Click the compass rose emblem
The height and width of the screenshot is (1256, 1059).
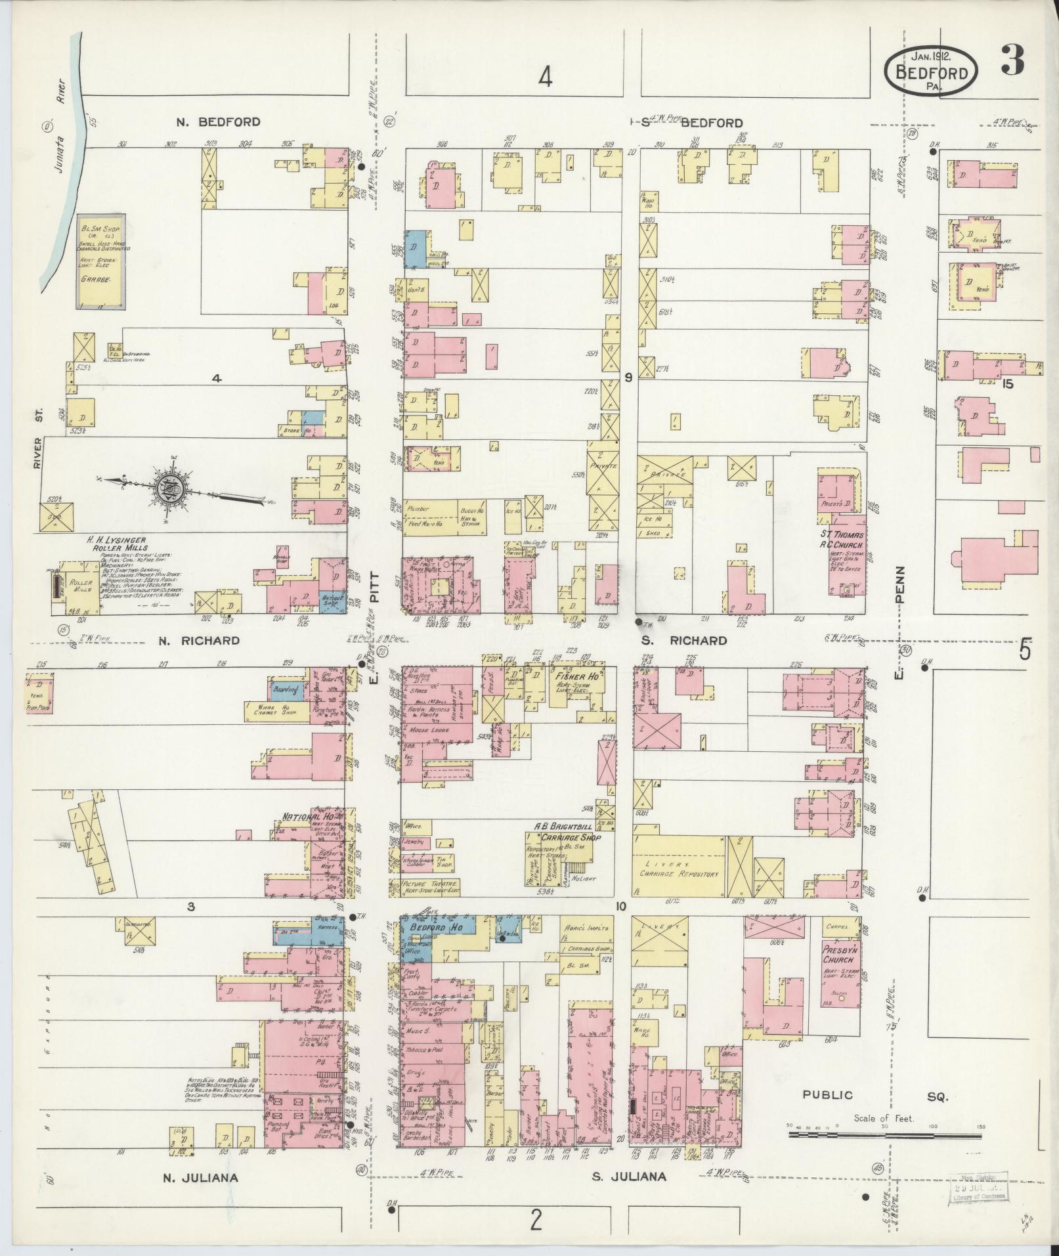coord(167,487)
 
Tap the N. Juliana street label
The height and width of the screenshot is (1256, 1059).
coord(200,1178)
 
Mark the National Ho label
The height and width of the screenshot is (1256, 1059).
coord(305,817)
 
